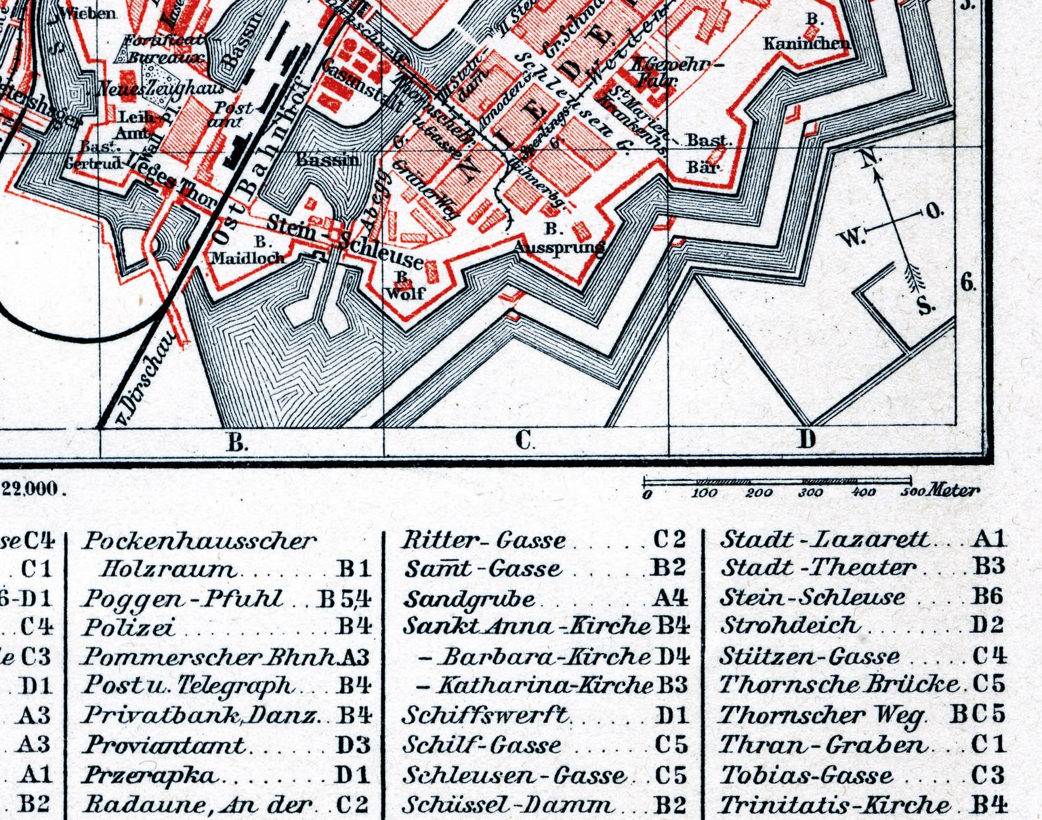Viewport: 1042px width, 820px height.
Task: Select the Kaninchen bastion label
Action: pos(806,43)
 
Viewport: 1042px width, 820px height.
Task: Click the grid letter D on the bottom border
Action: pos(806,439)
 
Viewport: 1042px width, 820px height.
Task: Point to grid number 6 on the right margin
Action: pos(968,283)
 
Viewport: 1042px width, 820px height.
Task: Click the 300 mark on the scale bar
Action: pos(810,493)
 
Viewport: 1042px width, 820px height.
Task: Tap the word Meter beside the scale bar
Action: pos(954,490)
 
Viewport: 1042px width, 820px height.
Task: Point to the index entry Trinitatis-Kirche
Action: pos(835,804)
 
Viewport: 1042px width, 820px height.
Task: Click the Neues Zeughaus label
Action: pos(161,88)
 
